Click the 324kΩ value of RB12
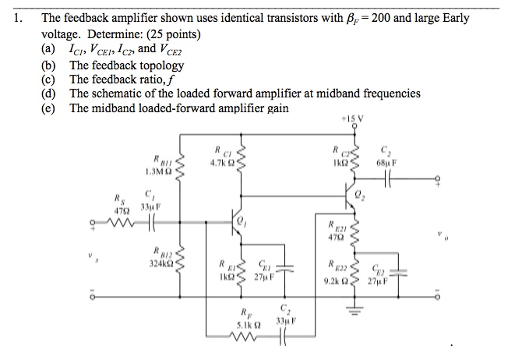pyautogui.click(x=157, y=265)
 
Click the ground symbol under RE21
pyautogui.click(x=355, y=312)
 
